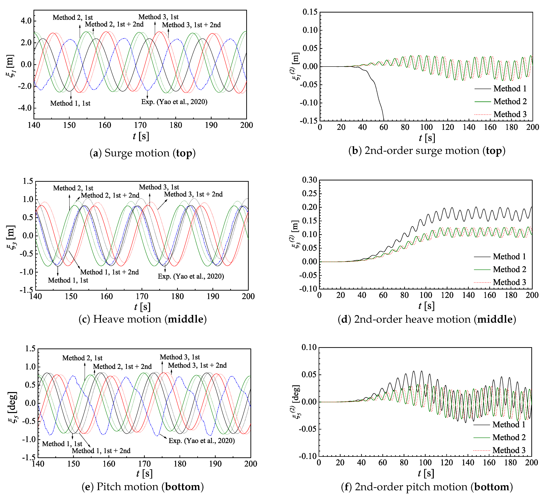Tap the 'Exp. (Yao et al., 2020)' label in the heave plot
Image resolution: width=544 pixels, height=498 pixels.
coord(191,276)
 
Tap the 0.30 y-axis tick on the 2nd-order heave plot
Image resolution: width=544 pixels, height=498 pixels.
coord(310,180)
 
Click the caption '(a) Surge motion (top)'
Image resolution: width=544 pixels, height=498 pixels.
coord(142,153)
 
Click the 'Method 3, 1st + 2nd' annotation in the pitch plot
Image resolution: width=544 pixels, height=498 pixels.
coord(197,365)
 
